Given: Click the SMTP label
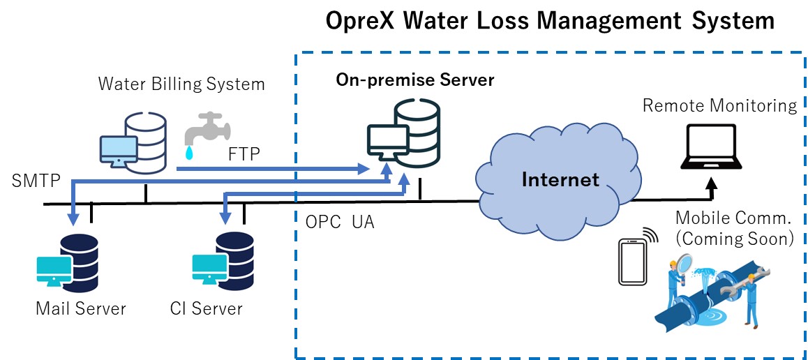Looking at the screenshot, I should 36,182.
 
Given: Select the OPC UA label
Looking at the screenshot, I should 340,222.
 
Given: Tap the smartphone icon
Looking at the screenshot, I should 631,262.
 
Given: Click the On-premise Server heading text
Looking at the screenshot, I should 414,80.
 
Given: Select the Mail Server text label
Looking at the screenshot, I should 81,308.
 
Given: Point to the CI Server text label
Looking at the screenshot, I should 206,308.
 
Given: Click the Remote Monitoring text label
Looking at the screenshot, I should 719,106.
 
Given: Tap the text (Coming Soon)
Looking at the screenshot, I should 734,239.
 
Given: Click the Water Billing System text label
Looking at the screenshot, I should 181,84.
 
